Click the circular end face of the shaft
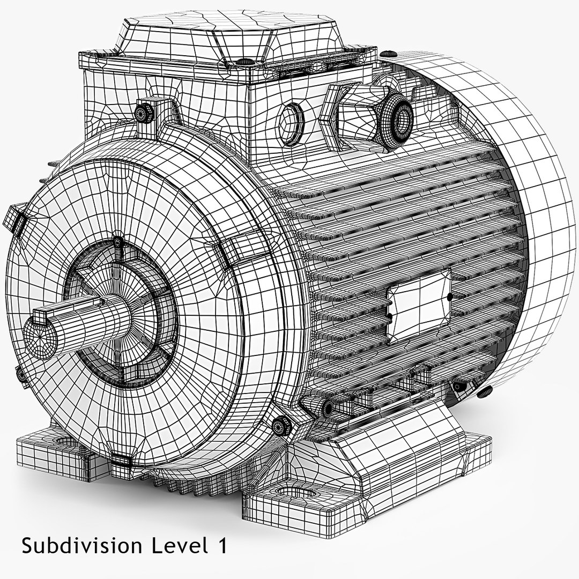pos(40,338)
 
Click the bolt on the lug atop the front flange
pos(144,112)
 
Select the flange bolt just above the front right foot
pos(280,425)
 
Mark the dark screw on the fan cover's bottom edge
pos(485,392)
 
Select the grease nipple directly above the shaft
pos(117,242)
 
